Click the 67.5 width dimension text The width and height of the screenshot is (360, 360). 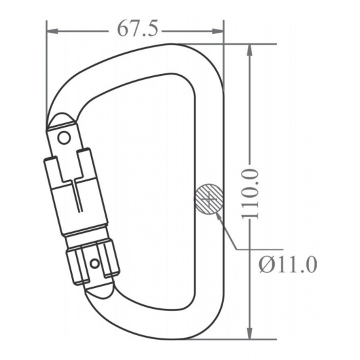coord(137,29)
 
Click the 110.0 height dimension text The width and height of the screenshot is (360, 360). coord(250,194)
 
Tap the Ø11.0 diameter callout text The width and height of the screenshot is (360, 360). coord(289,264)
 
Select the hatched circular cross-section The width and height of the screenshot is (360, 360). coord(209,199)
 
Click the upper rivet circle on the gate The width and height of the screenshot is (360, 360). coord(64,138)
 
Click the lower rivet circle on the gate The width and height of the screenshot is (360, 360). coord(95,263)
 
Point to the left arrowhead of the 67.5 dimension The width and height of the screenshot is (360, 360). coord(52,31)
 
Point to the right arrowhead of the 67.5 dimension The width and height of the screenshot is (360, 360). coord(218,31)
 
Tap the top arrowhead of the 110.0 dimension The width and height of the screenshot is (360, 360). coord(250,50)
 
